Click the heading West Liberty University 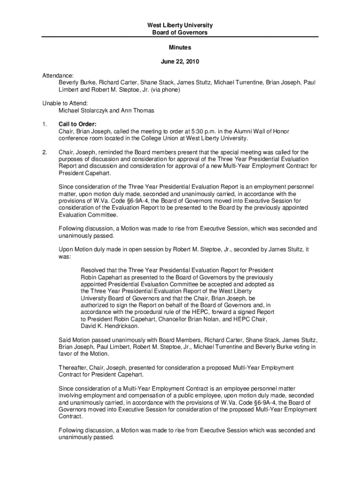[180, 25]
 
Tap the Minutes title [180, 48]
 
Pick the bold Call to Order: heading [78, 124]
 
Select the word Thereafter [74, 368]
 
